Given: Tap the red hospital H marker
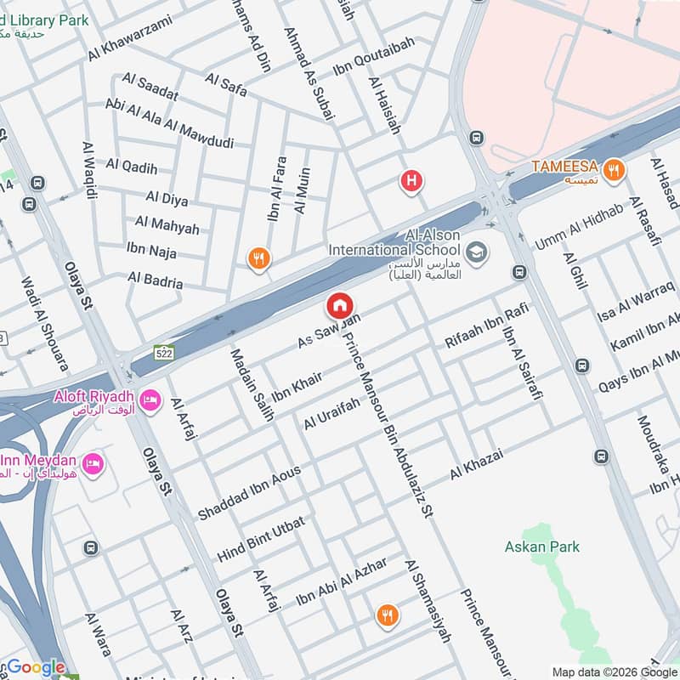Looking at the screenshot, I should (411, 180).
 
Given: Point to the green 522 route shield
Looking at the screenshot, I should (164, 352).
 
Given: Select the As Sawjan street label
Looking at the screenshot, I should (330, 331).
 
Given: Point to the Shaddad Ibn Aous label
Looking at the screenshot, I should (249, 493).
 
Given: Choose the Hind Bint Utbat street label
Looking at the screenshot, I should (260, 540).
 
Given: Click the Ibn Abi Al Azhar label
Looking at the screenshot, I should (341, 582).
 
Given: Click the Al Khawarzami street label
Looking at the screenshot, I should (129, 38).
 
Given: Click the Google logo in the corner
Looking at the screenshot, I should (36, 667).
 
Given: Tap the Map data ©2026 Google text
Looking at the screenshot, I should (613, 671).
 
